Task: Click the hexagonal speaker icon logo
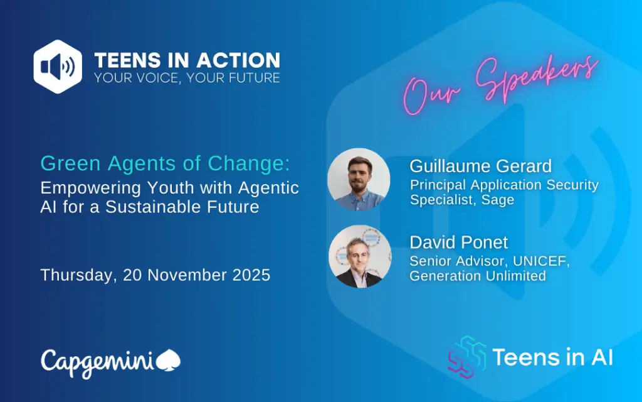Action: pyautogui.click(x=58, y=67)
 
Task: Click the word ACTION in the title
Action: pyautogui.click(x=239, y=60)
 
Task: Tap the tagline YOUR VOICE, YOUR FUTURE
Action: pyautogui.click(x=187, y=78)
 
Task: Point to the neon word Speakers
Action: pyautogui.click(x=537, y=78)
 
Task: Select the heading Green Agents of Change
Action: pyautogui.click(x=165, y=163)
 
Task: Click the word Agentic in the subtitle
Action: pyautogui.click(x=268, y=188)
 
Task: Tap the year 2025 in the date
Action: pyautogui.click(x=251, y=275)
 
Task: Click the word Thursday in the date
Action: pyautogui.click(x=76, y=275)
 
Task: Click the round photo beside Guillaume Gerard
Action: pyautogui.click(x=359, y=179)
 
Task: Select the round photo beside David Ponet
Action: pyautogui.click(x=360, y=256)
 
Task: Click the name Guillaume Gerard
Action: pyautogui.click(x=481, y=166)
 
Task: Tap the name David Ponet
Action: pyautogui.click(x=458, y=242)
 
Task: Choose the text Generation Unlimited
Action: pyautogui.click(x=478, y=276)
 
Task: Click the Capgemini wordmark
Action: pyautogui.click(x=97, y=362)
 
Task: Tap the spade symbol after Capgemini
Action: pyautogui.click(x=168, y=360)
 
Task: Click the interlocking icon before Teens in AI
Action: pyautogui.click(x=467, y=357)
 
